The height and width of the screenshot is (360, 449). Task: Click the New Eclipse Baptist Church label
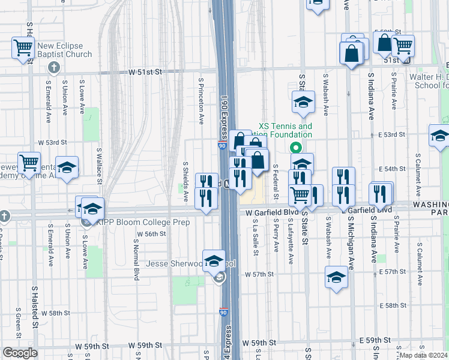pos(64,50)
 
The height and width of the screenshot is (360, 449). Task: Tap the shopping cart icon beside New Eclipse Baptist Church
pos(23,47)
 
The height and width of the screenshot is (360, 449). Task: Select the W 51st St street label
pos(145,71)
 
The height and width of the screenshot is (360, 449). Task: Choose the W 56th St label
pos(151,234)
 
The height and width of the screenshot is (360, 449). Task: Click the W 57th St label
pos(259,274)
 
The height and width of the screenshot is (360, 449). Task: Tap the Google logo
pos(20,353)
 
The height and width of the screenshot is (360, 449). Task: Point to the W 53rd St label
pos(52,142)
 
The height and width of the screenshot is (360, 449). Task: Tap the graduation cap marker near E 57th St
pos(336,277)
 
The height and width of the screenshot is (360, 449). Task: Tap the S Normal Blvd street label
pos(136,264)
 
